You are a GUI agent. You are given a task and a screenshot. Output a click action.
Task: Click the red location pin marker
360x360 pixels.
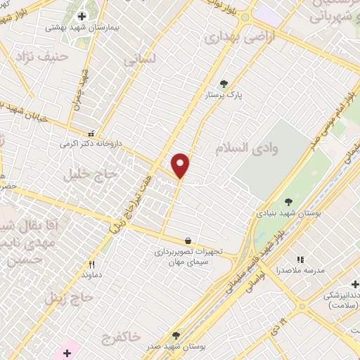(181, 165)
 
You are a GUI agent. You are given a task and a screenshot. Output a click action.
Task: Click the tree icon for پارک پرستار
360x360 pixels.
(224, 84)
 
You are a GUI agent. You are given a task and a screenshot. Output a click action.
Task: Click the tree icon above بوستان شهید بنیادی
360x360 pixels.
(288, 201)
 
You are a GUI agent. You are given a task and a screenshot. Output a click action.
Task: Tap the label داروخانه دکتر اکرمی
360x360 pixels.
(91, 143)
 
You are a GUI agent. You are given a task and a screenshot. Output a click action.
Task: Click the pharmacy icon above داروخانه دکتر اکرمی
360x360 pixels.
(91, 133)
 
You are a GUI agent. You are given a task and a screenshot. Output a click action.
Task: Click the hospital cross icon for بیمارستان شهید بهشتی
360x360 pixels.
(82, 15)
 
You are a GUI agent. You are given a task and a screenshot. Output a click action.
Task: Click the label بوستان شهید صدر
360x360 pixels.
(176, 347)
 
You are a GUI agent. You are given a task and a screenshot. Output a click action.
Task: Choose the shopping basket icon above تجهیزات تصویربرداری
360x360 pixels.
(187, 240)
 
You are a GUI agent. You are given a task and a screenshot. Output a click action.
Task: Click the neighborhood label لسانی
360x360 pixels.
(139, 60)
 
